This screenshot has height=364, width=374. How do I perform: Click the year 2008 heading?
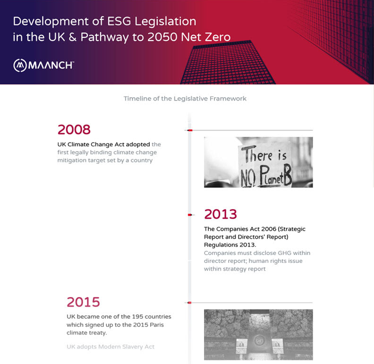[74, 129]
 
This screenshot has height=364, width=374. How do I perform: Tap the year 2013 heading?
[221, 214]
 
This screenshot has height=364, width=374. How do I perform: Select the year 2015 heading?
[83, 302]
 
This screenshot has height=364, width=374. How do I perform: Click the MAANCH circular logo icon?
[20, 65]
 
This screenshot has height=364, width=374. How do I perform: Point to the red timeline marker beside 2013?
[190, 215]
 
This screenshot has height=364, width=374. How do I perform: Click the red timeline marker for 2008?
[190, 130]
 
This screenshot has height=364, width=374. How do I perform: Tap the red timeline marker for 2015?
[190, 303]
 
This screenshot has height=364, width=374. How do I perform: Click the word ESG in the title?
[119, 21]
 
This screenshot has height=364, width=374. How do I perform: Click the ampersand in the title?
[73, 37]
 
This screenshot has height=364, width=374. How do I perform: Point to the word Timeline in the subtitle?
[137, 99]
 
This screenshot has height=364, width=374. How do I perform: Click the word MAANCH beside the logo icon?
[51, 65]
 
